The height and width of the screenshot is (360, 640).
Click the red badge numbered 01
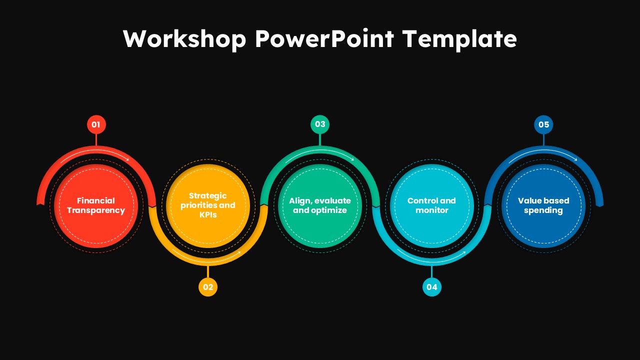[96, 124]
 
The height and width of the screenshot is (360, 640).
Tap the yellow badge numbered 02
[208, 287]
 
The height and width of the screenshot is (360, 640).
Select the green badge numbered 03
[320, 124]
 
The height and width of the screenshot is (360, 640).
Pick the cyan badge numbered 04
[431, 287]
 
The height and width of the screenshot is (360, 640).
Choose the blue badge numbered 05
[543, 124]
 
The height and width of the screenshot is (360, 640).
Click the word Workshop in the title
[184, 39]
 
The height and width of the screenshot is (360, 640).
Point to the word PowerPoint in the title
[324, 38]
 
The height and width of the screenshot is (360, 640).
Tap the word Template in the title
[460, 39]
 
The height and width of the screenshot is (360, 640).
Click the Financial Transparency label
[96, 205]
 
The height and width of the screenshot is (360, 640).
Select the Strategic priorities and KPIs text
[208, 205]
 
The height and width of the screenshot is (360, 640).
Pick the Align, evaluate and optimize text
[320, 205]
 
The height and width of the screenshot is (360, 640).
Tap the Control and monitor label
[431, 205]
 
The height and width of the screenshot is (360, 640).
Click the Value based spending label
[543, 205]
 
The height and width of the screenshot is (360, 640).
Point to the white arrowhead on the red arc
[127, 159]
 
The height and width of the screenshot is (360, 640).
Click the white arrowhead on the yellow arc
[239, 252]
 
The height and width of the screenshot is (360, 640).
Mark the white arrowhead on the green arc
[352, 159]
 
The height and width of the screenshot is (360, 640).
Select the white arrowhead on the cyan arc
[463, 252]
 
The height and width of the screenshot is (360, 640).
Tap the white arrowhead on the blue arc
[575, 159]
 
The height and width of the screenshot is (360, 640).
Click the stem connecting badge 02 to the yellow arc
[208, 271]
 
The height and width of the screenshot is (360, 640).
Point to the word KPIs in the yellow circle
[208, 214]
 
